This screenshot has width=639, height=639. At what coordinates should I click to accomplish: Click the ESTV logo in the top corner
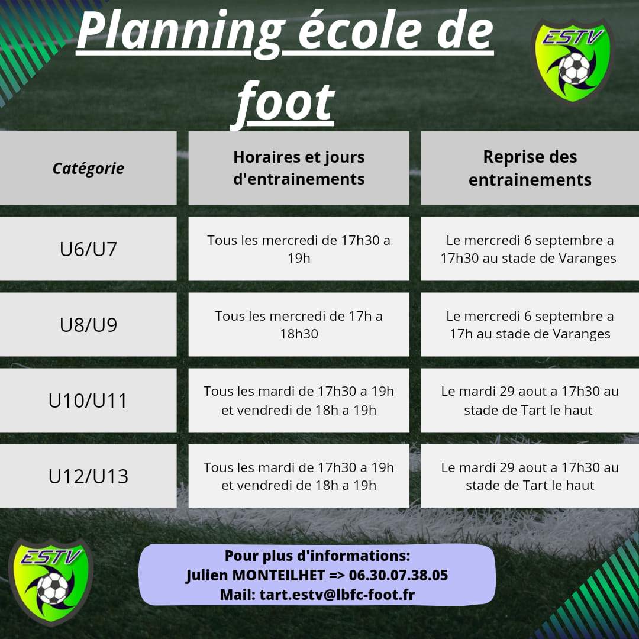[573, 60]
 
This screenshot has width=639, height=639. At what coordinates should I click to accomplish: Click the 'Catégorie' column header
[88, 168]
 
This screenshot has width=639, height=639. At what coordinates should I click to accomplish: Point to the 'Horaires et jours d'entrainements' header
[299, 168]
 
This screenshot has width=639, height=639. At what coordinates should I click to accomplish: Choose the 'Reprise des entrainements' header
[530, 168]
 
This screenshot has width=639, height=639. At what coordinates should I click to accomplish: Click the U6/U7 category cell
[88, 248]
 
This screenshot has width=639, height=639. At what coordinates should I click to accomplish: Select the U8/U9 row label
[88, 324]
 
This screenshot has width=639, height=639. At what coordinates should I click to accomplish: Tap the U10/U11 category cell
[88, 400]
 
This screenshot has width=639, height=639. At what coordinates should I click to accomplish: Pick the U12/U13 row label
[88, 476]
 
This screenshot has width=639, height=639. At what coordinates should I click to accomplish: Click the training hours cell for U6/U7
[299, 248]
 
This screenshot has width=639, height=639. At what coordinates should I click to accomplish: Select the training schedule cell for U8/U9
[299, 324]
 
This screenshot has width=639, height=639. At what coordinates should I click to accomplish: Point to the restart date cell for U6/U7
[530, 248]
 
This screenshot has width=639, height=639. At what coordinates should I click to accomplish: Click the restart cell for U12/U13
[530, 476]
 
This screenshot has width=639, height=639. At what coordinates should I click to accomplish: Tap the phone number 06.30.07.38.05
[398, 575]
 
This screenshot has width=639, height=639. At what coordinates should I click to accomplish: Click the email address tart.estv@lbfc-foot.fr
[337, 595]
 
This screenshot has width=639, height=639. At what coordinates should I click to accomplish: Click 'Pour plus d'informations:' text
[317, 556]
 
